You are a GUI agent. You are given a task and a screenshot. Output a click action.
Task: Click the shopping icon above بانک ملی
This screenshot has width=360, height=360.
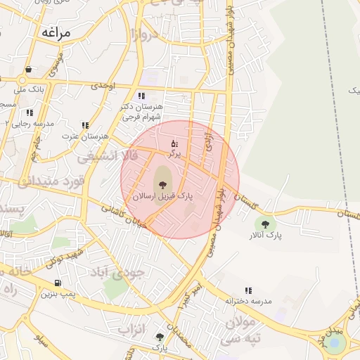pos(28,70)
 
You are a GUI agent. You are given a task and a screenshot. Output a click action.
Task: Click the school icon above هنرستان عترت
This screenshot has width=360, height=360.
pos(85,125)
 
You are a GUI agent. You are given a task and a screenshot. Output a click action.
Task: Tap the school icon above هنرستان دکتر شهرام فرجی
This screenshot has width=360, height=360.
pos(141,96)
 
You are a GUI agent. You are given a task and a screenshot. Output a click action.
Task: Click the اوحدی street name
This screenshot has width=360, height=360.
pos(103,86)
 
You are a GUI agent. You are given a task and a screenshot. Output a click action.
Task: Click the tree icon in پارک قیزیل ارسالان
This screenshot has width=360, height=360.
pos(162,184)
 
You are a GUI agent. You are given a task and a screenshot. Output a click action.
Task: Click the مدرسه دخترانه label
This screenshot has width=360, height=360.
pos(248,301)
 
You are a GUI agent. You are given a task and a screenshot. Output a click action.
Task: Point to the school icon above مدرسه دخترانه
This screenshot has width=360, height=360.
pos(248,290)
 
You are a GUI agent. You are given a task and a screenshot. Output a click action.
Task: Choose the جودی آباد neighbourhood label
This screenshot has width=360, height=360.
pos(123,272)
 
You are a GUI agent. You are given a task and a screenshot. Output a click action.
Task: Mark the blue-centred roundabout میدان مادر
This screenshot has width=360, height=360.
pos(337,343)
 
